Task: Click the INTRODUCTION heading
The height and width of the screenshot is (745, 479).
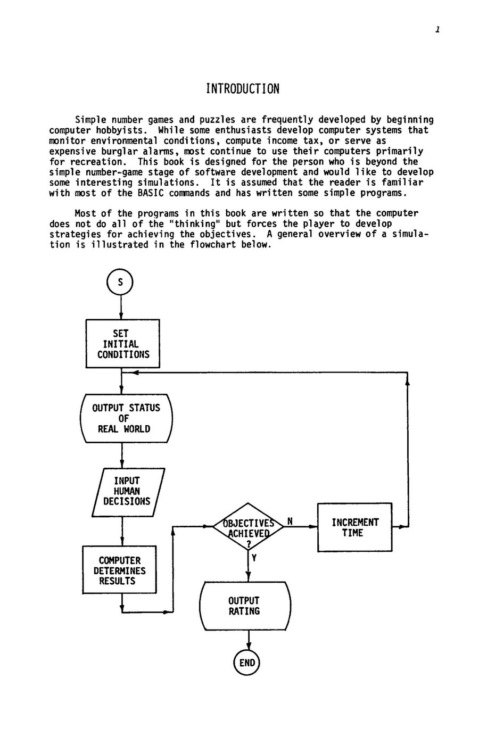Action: [x=243, y=89]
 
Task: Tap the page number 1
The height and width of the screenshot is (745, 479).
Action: [x=437, y=30]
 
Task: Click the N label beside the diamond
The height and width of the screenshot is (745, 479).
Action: [x=290, y=521]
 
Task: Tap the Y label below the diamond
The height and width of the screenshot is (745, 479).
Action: [x=254, y=558]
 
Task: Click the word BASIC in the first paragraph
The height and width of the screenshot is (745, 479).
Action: [x=151, y=193]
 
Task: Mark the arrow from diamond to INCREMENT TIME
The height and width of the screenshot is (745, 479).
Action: [x=300, y=526]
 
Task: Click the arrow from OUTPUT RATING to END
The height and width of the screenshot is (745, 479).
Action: [x=249, y=640]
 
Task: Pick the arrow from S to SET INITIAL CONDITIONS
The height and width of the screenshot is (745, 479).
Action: [x=121, y=308]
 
